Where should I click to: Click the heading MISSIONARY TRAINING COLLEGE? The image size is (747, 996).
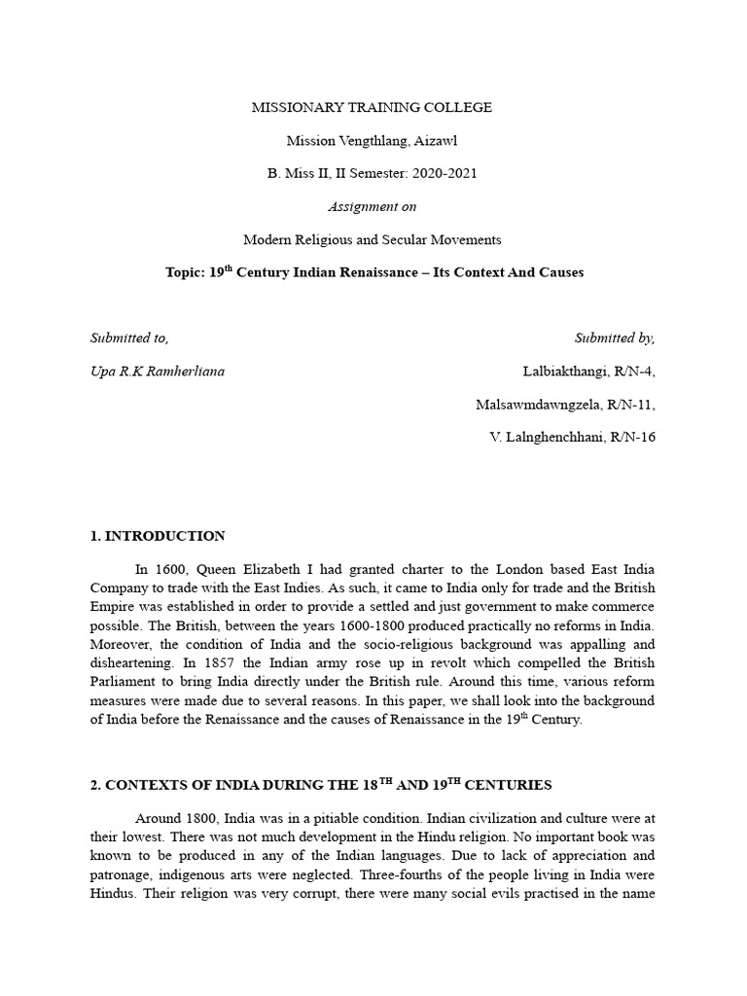tap(373, 107)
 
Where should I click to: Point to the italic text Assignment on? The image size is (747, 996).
tap(373, 206)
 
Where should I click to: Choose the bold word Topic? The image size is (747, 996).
tap(185, 272)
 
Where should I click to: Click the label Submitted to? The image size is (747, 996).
tap(129, 338)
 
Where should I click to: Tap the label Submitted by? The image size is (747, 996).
tap(615, 338)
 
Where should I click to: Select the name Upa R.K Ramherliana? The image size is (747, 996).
tap(157, 372)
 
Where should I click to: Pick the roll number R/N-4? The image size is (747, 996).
tap(633, 372)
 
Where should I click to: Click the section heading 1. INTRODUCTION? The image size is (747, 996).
tap(158, 536)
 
